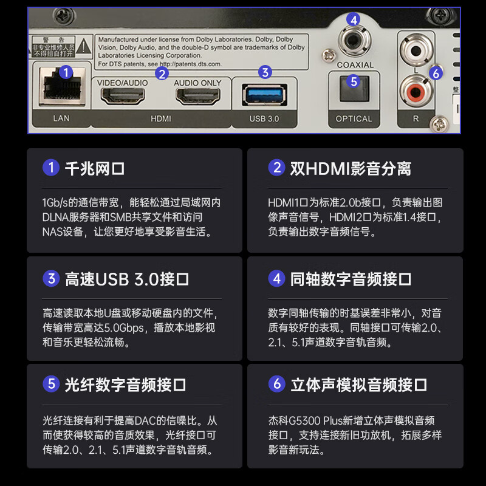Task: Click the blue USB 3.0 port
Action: [x=265, y=95]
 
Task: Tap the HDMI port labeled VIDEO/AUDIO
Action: [x=123, y=96]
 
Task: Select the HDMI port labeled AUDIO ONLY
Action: [x=198, y=96]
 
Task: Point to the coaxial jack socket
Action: [x=353, y=40]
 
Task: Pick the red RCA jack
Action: [x=416, y=92]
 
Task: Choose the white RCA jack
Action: [x=416, y=50]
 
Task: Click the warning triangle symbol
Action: [x=84, y=47]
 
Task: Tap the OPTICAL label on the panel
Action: [x=354, y=118]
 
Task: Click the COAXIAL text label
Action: [x=355, y=65]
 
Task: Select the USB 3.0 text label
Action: [x=264, y=118]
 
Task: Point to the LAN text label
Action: [x=61, y=118]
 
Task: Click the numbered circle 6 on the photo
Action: [x=436, y=74]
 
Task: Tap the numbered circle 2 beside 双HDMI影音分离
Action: [x=277, y=168]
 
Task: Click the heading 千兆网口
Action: [x=95, y=169]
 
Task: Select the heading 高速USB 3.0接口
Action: [x=127, y=279]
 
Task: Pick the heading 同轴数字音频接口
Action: [x=351, y=279]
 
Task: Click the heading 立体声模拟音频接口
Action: [x=358, y=385]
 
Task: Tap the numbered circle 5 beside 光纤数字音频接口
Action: [x=51, y=384]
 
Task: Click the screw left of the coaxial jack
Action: [x=329, y=56]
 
